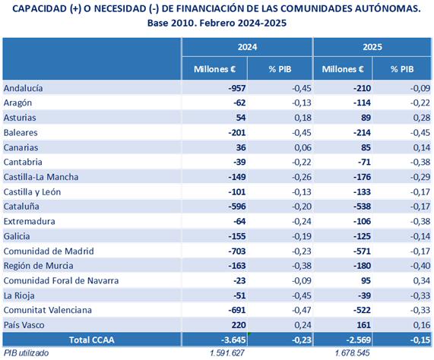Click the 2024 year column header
click(x=247, y=47)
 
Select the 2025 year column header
click(x=372, y=47)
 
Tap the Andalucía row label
click(x=24, y=88)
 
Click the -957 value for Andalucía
click(x=237, y=88)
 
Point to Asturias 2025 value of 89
click(x=366, y=118)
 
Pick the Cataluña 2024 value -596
click(x=237, y=207)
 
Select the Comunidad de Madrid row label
click(x=49, y=251)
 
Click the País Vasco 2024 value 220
click(x=239, y=324)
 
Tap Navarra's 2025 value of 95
click(x=366, y=280)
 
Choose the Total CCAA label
click(x=92, y=339)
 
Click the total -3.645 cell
click(x=233, y=339)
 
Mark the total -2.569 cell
click(x=359, y=339)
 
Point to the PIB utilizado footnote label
click(x=26, y=353)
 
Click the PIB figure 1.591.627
click(x=227, y=353)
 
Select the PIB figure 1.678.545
click(x=352, y=353)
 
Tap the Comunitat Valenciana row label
click(x=48, y=310)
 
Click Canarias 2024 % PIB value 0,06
click(x=303, y=147)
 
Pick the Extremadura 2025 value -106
click(x=362, y=221)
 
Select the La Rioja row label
click(x=19, y=295)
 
